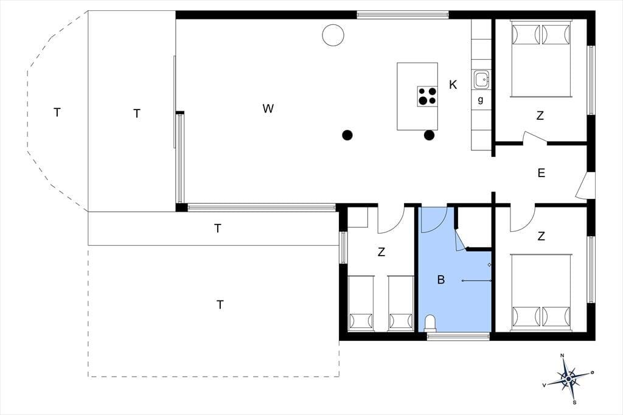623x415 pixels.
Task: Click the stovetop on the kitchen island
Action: (427, 96)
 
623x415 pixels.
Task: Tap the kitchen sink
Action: (481, 80)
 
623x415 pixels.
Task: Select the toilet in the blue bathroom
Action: (430, 323)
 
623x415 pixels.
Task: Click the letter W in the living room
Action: (268, 108)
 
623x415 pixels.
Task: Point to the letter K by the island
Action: (453, 85)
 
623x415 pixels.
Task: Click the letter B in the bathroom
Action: (440, 280)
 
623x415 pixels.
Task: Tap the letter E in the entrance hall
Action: (541, 173)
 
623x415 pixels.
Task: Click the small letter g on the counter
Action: (481, 100)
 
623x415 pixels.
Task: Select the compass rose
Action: (568, 379)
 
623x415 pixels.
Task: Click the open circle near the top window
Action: (333, 35)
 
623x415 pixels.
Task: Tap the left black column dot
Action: (347, 135)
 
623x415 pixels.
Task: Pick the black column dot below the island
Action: (429, 135)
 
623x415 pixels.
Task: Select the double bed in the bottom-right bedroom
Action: (541, 293)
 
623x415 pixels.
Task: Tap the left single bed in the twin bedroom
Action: (361, 303)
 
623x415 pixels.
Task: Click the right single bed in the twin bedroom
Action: (401, 303)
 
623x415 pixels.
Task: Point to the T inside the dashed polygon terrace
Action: (57, 113)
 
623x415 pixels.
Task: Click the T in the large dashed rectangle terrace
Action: (220, 305)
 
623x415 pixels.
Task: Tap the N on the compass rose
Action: (562, 355)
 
